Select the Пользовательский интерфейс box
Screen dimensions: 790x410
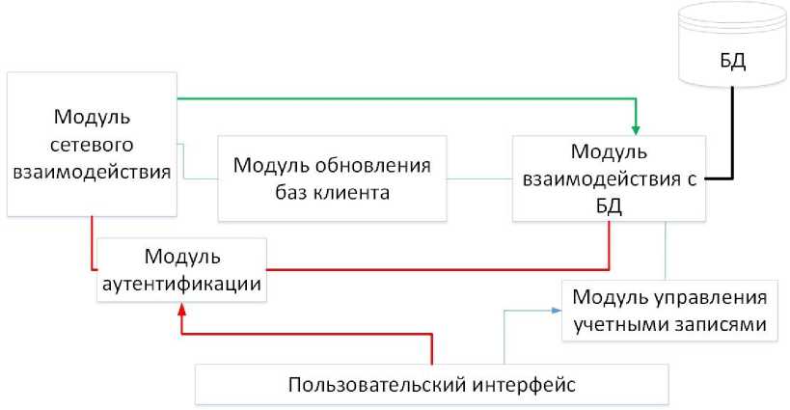click(431, 385)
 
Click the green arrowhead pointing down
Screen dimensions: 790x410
click(636, 126)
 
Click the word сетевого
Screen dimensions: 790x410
click(93, 145)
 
